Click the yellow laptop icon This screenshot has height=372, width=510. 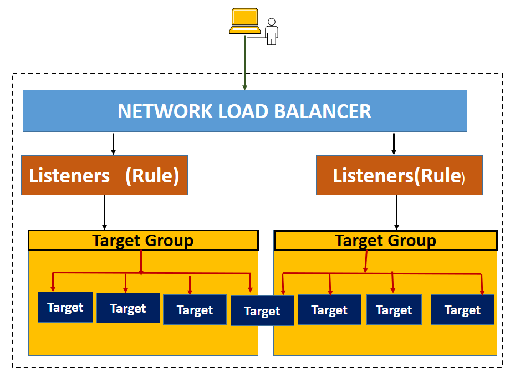click(x=244, y=22)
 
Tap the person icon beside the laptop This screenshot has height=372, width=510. click(x=271, y=32)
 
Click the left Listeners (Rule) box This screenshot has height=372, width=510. click(x=104, y=175)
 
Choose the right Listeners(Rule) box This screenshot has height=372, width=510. click(x=399, y=176)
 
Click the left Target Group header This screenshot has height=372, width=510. click(x=143, y=241)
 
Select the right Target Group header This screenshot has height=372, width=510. click(x=385, y=241)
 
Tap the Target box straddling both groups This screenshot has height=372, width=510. click(x=262, y=311)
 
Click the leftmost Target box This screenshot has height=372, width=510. click(x=65, y=307)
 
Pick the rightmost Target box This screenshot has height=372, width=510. click(x=462, y=310)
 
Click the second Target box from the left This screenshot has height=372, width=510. click(x=128, y=308)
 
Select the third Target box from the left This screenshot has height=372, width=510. click(x=195, y=309)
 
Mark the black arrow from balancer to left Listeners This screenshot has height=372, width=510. click(x=113, y=144)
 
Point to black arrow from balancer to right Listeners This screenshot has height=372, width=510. click(x=394, y=144)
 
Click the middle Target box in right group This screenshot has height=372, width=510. click(x=394, y=310)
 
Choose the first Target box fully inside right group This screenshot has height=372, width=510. click(x=329, y=310)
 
